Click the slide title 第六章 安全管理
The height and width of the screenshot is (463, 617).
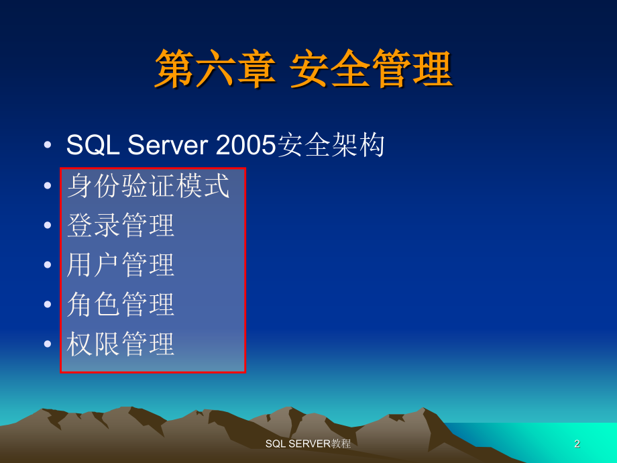coord(304,70)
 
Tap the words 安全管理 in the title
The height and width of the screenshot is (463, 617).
coord(371,70)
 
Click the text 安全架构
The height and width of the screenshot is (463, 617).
coord(331,146)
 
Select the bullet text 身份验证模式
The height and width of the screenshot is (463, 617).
coord(148,186)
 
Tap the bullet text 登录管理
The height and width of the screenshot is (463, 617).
coord(121,225)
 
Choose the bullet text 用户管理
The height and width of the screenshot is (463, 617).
coord(121,265)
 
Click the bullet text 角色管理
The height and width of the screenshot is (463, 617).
coord(121,305)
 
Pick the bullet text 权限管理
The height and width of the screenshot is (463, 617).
coord(121,344)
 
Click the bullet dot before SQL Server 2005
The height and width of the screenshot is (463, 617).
coord(47,146)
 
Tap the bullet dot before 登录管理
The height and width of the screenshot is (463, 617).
coord(47,225)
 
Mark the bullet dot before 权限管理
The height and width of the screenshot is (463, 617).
coord(47,344)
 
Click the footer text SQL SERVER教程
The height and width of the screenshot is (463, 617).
coord(308,444)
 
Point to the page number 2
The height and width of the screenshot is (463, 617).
coord(577,444)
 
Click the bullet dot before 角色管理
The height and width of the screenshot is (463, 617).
coord(47,305)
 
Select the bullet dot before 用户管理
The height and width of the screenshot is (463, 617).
coord(47,265)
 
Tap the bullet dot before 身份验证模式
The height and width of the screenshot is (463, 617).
coord(47,186)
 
